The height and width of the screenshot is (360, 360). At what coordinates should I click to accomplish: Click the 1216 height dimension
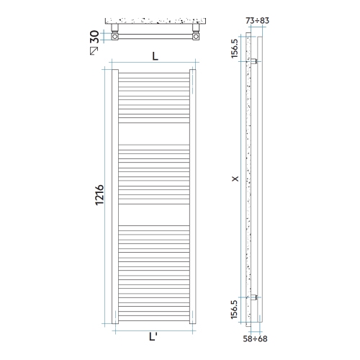pos(100,196)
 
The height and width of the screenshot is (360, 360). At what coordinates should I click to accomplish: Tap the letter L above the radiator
pos(154,57)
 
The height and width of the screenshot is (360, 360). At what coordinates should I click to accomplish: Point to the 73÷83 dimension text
pos(257,20)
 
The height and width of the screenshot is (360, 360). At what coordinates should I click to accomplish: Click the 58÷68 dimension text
pos(254,337)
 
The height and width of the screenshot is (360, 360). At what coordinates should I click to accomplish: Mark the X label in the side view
pos(235,179)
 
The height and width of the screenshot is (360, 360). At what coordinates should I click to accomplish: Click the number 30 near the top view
pos(95,35)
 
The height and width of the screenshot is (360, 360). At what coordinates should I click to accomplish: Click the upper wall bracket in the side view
pos(254,63)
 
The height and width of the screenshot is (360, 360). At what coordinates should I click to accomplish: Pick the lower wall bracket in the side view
pos(254,297)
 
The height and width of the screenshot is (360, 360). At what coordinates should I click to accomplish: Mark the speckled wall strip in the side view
pos(248,180)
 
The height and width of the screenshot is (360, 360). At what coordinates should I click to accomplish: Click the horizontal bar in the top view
pos(154,35)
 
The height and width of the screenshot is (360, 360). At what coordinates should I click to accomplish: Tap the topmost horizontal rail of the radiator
pos(154,72)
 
